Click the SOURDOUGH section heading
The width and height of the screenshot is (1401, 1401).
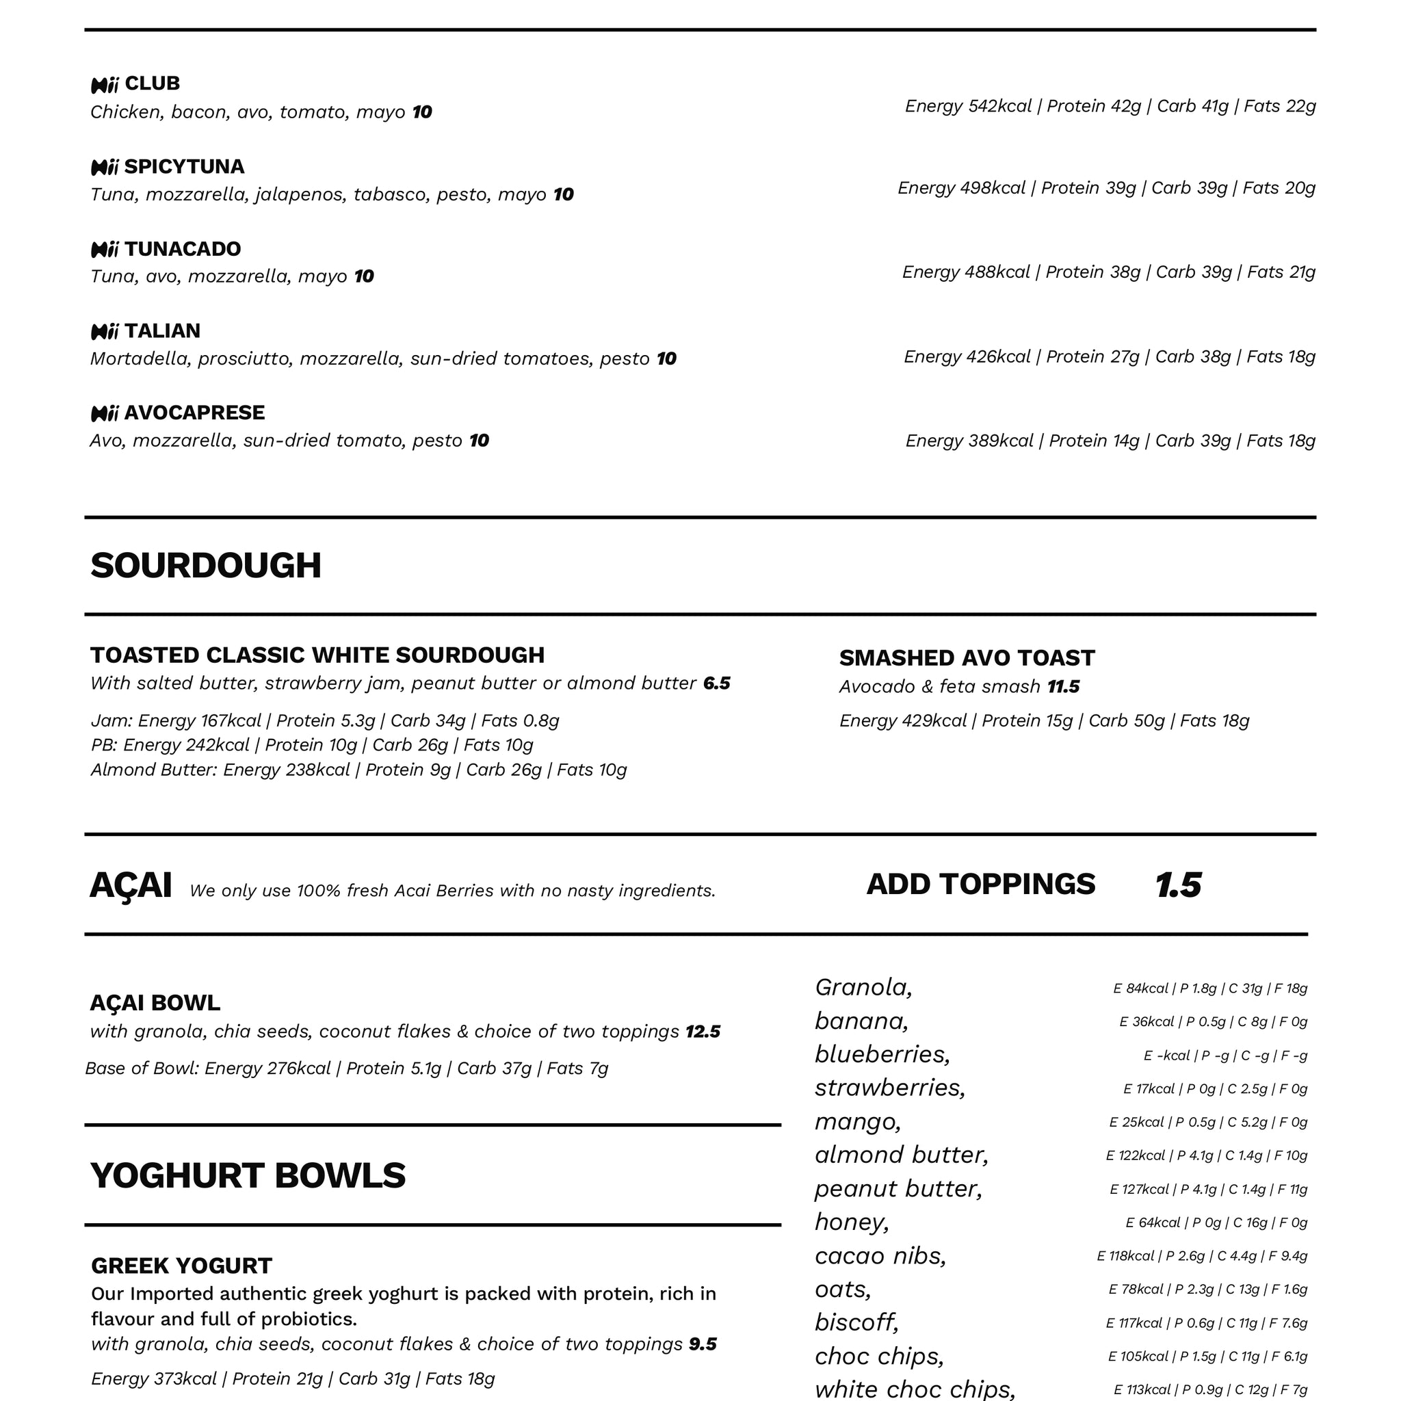205,566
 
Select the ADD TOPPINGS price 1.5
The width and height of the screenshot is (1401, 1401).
1178,885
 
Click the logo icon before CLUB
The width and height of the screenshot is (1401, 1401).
105,86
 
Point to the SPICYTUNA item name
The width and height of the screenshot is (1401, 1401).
184,167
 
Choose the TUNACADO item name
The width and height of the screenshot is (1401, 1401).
182,249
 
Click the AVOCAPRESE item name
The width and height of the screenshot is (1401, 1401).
194,413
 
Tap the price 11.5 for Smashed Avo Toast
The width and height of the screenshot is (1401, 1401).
1063,687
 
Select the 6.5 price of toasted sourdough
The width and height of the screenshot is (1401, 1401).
716,683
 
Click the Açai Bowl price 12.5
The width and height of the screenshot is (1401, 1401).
703,1031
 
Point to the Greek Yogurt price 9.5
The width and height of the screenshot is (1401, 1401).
702,1344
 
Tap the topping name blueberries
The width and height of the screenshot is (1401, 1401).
882,1053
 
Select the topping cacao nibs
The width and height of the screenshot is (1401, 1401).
880,1255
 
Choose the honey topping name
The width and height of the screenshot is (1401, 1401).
851,1222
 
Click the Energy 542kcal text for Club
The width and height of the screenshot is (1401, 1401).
968,107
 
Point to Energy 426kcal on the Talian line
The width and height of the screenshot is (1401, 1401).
967,357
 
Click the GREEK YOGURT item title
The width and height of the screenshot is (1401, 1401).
181,1266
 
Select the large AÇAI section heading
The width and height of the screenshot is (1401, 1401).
131,885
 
